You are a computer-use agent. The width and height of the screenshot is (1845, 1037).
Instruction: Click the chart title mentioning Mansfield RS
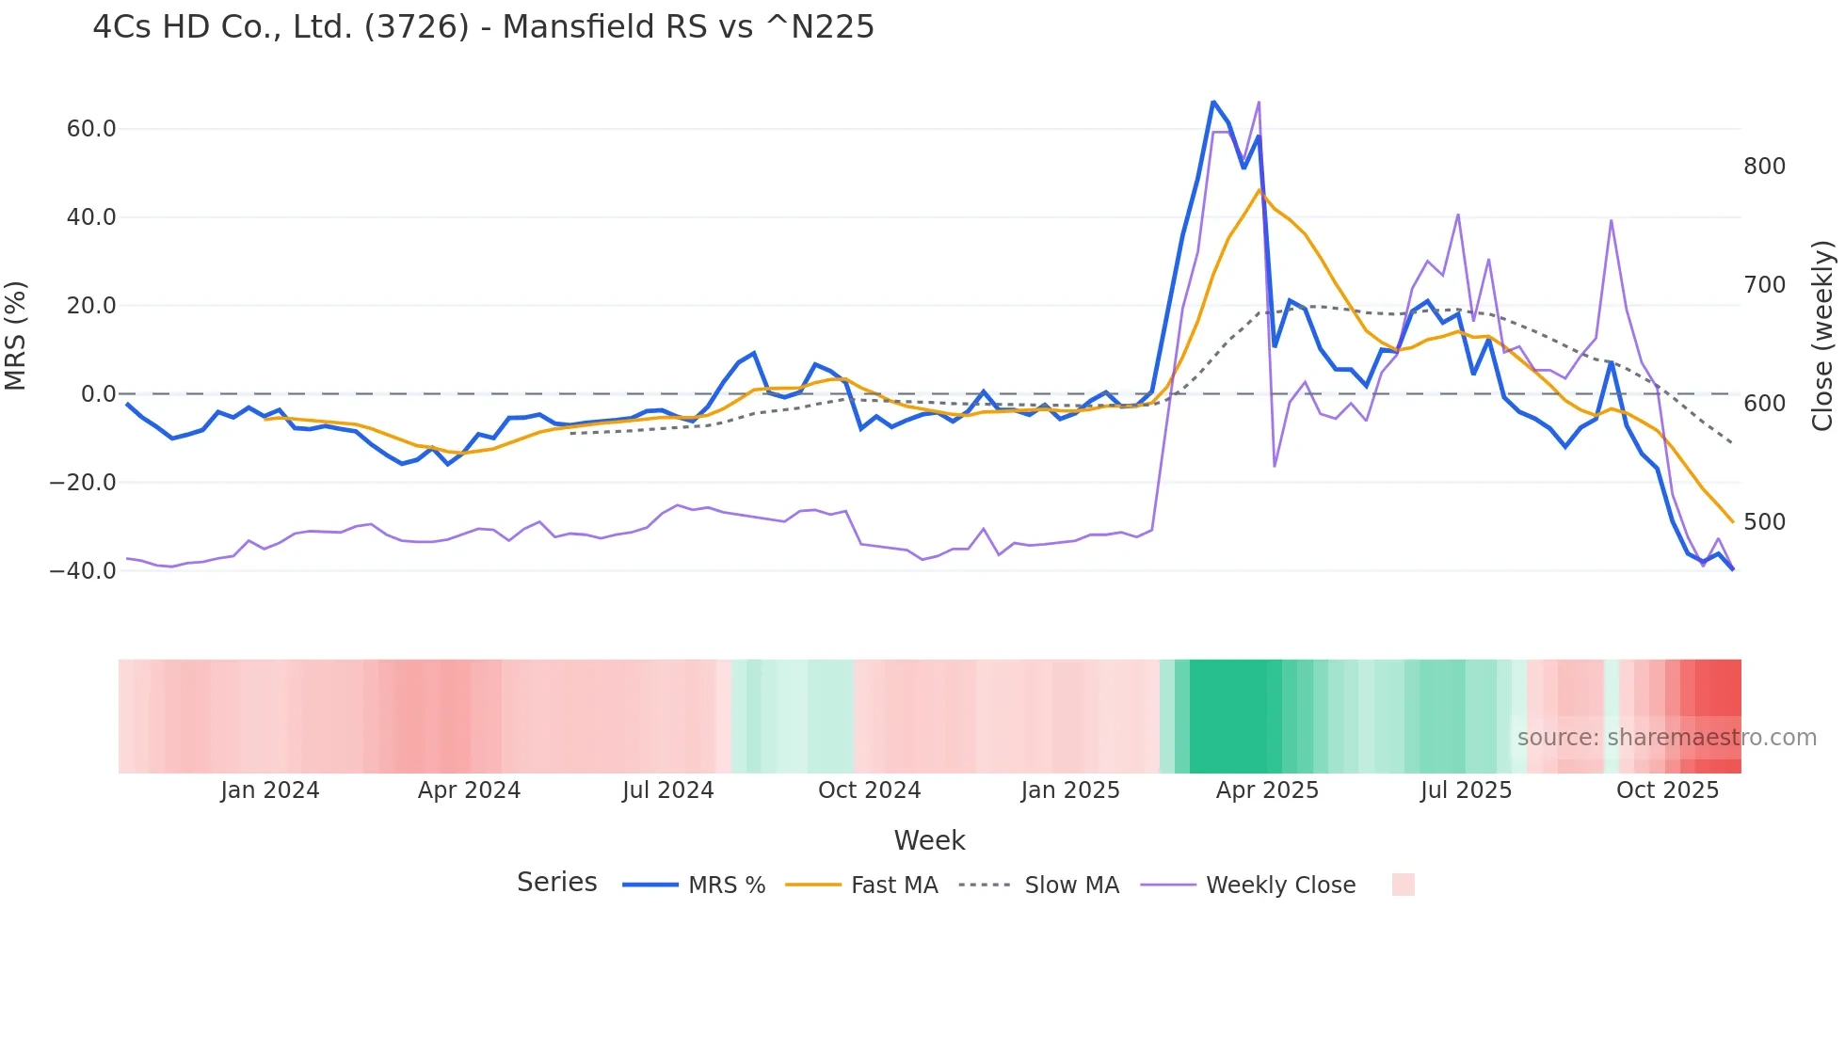click(x=483, y=27)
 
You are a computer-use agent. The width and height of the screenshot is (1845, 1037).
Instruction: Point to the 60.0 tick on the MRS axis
click(x=91, y=129)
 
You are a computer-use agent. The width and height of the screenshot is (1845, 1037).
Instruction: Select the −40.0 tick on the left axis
click(x=83, y=571)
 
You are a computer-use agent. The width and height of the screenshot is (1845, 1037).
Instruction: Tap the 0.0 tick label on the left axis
click(x=99, y=394)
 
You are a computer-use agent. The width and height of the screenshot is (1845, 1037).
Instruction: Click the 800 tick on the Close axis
click(x=1764, y=167)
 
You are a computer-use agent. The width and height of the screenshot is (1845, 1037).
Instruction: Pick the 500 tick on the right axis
click(x=1764, y=522)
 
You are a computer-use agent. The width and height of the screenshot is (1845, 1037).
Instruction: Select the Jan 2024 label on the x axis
click(x=270, y=790)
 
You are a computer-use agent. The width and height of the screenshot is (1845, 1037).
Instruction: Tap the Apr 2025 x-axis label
click(x=1267, y=790)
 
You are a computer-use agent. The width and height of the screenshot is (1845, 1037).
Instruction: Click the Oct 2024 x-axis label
click(x=869, y=790)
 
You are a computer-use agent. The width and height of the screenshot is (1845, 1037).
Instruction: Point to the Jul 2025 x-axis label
click(x=1466, y=790)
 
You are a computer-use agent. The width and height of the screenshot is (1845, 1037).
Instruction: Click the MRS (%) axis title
click(x=16, y=335)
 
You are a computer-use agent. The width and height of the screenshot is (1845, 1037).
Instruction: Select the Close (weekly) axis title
click(x=1822, y=335)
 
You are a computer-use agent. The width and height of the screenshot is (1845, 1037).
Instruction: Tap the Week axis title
click(x=929, y=840)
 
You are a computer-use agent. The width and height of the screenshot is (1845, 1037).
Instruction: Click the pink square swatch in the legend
click(x=1403, y=885)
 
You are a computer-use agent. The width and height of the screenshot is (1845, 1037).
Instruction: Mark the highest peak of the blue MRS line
click(x=1213, y=102)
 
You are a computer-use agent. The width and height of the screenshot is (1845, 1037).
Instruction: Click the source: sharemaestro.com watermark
click(x=1666, y=738)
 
